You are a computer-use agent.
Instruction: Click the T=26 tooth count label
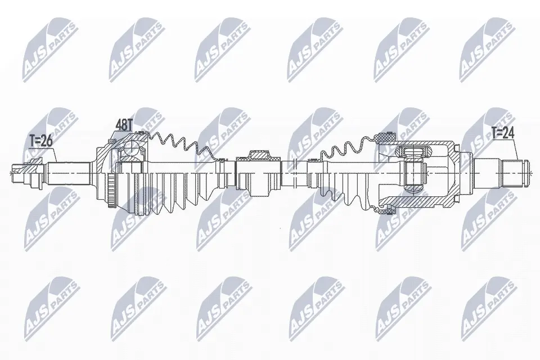coord(40,141)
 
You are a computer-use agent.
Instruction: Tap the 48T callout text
coord(124,126)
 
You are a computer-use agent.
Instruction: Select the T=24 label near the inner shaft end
coord(503,133)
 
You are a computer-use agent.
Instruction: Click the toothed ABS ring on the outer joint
coord(111,191)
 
